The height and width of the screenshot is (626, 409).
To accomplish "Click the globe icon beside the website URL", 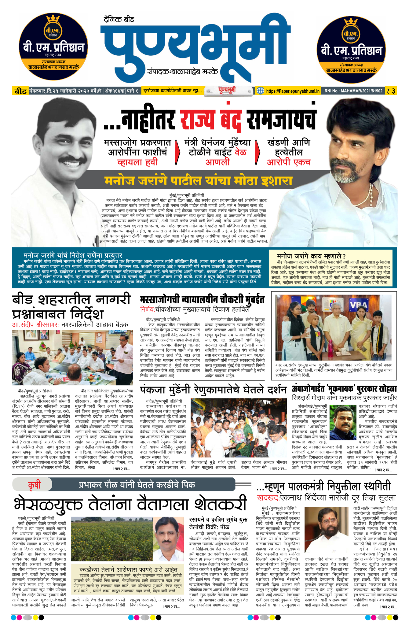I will (x=260, y=91).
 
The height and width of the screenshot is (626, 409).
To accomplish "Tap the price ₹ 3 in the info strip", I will (x=391, y=91).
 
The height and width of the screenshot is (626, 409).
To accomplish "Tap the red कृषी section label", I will (x=34, y=485).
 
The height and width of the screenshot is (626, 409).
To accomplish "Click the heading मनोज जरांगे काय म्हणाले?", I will (x=311, y=256).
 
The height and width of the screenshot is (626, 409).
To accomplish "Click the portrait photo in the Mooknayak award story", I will (x=343, y=422).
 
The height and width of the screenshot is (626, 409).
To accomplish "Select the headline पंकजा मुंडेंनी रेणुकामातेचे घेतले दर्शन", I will (x=214, y=390).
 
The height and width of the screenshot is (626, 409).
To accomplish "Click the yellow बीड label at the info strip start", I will (x=20, y=91).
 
